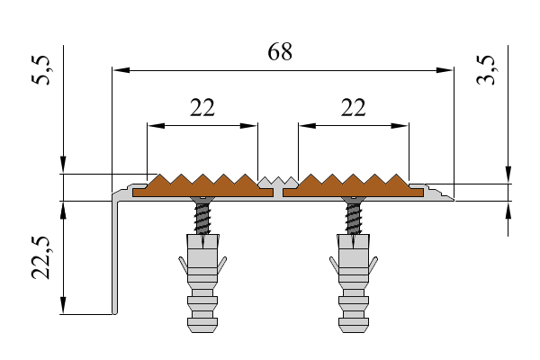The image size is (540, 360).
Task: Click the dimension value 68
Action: (280, 52)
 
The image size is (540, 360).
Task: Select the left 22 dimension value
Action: (202, 108)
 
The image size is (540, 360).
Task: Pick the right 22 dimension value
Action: (354, 108)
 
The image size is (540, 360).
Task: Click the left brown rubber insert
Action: (202, 186)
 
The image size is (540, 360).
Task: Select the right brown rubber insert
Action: (353, 186)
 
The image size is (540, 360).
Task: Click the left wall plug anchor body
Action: (202, 270)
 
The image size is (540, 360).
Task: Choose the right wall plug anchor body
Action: (354, 270)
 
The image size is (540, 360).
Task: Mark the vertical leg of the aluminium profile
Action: (114, 261)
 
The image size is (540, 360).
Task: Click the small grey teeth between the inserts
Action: (278, 183)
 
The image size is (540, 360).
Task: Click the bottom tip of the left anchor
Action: (202, 328)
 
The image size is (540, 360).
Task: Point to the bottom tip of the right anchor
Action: (354, 328)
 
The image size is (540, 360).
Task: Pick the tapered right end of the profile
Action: (443, 194)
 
